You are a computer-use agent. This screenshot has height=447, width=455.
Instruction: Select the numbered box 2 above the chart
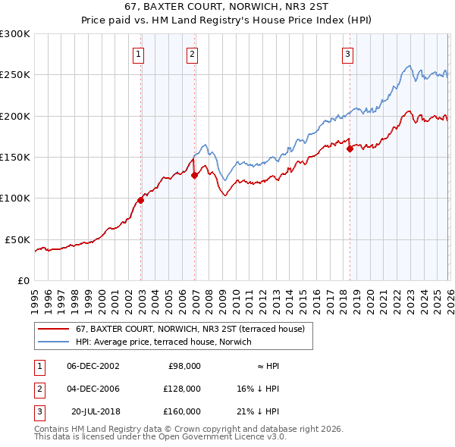(x=193, y=54)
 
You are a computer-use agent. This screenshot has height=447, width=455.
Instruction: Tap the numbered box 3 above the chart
(x=347, y=54)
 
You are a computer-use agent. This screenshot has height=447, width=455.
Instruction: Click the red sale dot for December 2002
(x=141, y=200)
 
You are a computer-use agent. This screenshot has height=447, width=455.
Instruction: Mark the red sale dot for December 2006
(x=194, y=175)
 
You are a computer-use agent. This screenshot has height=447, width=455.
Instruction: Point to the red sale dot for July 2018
(x=350, y=149)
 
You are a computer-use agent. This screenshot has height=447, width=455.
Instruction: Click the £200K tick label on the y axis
(x=15, y=117)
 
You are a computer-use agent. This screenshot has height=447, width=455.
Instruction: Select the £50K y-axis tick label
(x=18, y=239)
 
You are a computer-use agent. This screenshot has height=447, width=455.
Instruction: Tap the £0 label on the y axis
(x=24, y=280)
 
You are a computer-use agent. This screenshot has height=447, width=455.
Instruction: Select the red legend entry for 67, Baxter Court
(x=190, y=329)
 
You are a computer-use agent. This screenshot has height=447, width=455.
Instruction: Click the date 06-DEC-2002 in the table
(x=93, y=365)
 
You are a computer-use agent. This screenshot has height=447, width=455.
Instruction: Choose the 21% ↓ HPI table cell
(x=257, y=411)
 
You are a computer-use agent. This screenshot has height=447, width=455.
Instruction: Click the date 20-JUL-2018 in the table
(x=95, y=411)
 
